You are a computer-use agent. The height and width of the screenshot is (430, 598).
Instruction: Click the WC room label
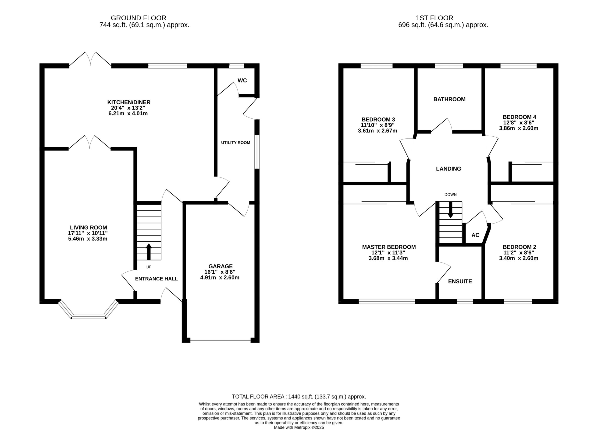(242, 80)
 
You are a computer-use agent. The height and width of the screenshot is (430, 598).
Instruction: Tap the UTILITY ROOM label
(235, 143)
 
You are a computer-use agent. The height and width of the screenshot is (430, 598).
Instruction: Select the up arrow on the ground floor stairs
(149, 252)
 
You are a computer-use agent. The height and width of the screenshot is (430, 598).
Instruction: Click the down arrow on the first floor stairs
(450, 210)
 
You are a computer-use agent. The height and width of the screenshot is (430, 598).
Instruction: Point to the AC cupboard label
(475, 235)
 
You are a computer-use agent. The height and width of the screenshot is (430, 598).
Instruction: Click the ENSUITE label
(460, 281)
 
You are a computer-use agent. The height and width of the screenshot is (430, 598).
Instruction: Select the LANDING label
(448, 169)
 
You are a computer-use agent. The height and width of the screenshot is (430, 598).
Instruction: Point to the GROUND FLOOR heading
(139, 18)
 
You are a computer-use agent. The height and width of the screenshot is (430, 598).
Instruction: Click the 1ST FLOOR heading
(434, 18)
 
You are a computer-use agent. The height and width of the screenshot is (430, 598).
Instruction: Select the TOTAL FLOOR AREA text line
(299, 397)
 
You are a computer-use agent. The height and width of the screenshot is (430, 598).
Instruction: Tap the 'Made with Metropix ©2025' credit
(299, 428)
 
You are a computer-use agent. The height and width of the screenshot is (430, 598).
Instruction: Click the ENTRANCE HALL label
(156, 279)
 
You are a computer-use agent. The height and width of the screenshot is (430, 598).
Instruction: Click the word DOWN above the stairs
(450, 195)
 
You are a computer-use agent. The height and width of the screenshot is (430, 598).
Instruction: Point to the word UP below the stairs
(149, 267)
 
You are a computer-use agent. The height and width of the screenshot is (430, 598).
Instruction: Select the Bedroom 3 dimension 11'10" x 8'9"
(377, 125)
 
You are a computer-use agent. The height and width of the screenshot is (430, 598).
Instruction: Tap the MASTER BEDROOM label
(389, 247)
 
